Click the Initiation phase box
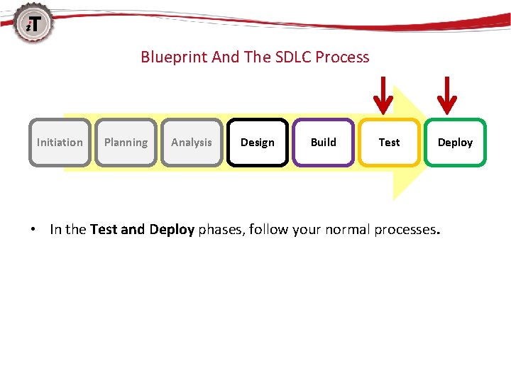[x=60, y=142]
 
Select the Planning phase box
[x=126, y=142]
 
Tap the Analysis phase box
[x=192, y=142]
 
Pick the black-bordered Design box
[x=258, y=142]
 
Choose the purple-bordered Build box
[x=324, y=142]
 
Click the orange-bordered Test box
[x=389, y=142]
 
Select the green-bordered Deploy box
[x=455, y=142]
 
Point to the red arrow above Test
[x=383, y=96]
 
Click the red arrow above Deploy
[x=446, y=96]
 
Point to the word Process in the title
[x=344, y=57]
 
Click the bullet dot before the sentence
[x=33, y=230]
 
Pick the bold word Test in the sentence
[x=104, y=229]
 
